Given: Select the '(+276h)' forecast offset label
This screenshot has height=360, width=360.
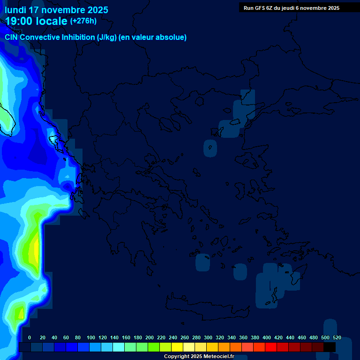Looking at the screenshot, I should pos(83,21).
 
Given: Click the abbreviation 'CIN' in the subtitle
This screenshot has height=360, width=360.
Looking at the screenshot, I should pos(12,37).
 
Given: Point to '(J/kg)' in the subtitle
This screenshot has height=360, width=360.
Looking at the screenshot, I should pos(107,37).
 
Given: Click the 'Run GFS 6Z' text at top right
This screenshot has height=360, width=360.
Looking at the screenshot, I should pos(258,8).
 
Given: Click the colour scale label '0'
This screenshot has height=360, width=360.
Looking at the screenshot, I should pos(30,338).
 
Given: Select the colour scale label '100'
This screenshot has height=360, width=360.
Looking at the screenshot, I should pos(91,338).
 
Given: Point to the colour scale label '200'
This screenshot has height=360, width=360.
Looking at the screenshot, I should pos(150,338).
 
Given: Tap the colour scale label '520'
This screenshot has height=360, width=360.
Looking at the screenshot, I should pos(337,338).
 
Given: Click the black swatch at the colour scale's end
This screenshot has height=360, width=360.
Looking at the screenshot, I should pos(330,347).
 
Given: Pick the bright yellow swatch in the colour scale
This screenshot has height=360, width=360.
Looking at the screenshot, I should pos(177,347).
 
